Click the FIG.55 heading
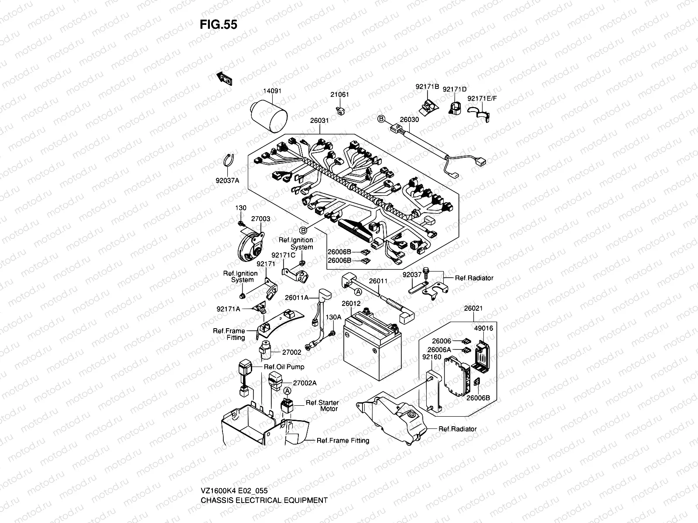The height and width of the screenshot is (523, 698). click(218, 25)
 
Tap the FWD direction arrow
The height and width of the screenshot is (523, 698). click(224, 78)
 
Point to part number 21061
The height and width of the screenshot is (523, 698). click(339, 95)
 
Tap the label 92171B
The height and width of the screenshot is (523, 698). click(427, 87)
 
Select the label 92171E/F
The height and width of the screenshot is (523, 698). click(482, 98)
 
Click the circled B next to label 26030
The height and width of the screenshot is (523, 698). click(381, 119)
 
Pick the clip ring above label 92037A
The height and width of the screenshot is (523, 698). click(229, 160)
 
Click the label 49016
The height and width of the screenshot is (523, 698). click(483, 329)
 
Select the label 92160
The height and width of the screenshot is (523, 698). click(431, 357)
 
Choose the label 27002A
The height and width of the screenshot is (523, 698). click(305, 383)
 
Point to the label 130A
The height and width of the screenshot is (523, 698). click(334, 317)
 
